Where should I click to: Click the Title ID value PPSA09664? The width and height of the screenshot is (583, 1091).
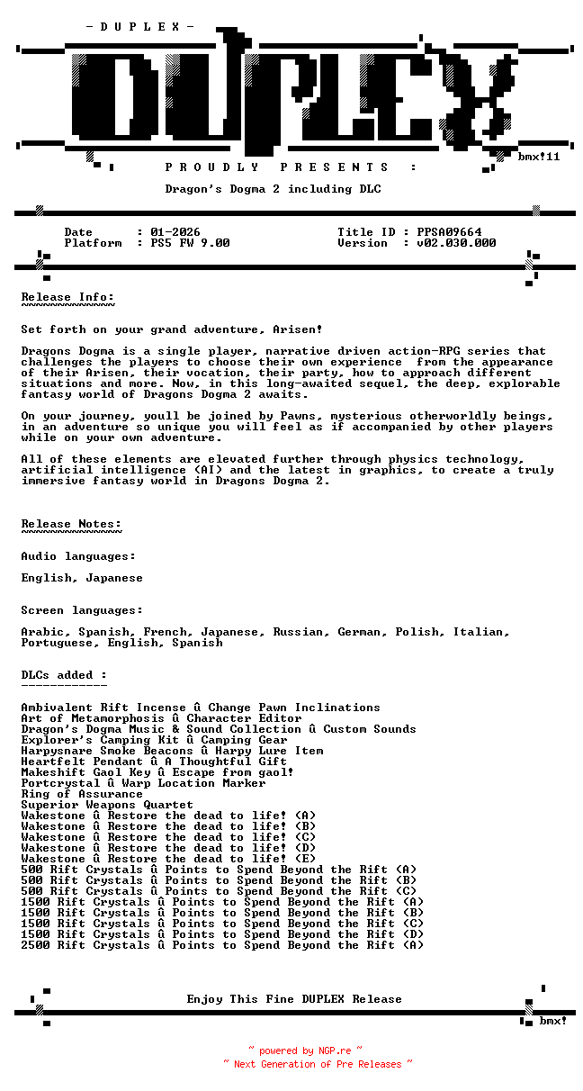[449, 232]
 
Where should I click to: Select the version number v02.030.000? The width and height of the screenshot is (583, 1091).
[456, 243]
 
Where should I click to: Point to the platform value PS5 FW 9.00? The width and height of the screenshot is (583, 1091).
[190, 243]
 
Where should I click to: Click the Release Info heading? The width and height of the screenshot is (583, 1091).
[68, 297]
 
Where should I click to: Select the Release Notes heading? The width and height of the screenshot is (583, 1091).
[71, 524]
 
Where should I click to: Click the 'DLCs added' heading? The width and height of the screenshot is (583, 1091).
[64, 675]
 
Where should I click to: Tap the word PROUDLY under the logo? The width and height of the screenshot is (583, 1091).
[212, 167]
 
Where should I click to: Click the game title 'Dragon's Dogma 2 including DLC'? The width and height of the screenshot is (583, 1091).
[273, 189]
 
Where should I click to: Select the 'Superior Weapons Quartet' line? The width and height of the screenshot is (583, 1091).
[107, 805]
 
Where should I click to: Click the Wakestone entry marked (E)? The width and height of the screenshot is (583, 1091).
[168, 859]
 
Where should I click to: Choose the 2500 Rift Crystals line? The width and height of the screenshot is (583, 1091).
[222, 945]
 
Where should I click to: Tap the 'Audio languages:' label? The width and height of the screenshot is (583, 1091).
[78, 556]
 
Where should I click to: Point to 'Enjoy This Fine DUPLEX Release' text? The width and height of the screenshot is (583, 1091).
[294, 999]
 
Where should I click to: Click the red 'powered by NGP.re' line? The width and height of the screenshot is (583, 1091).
[305, 1050]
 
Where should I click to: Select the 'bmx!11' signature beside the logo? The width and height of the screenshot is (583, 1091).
[539, 157]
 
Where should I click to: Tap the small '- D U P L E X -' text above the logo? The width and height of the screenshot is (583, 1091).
[139, 27]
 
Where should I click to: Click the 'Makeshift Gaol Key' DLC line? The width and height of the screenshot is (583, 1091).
[157, 772]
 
